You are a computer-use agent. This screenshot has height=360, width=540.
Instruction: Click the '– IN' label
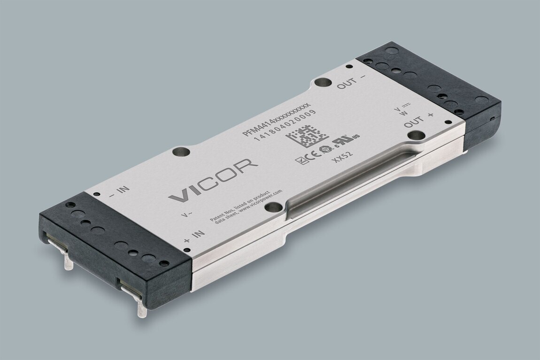(118, 191)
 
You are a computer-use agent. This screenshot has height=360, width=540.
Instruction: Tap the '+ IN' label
(194, 236)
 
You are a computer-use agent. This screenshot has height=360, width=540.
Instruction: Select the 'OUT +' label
(419, 120)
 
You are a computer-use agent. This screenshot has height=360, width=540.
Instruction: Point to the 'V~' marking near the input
(187, 215)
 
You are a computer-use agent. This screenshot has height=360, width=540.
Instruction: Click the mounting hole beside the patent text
(277, 207)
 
